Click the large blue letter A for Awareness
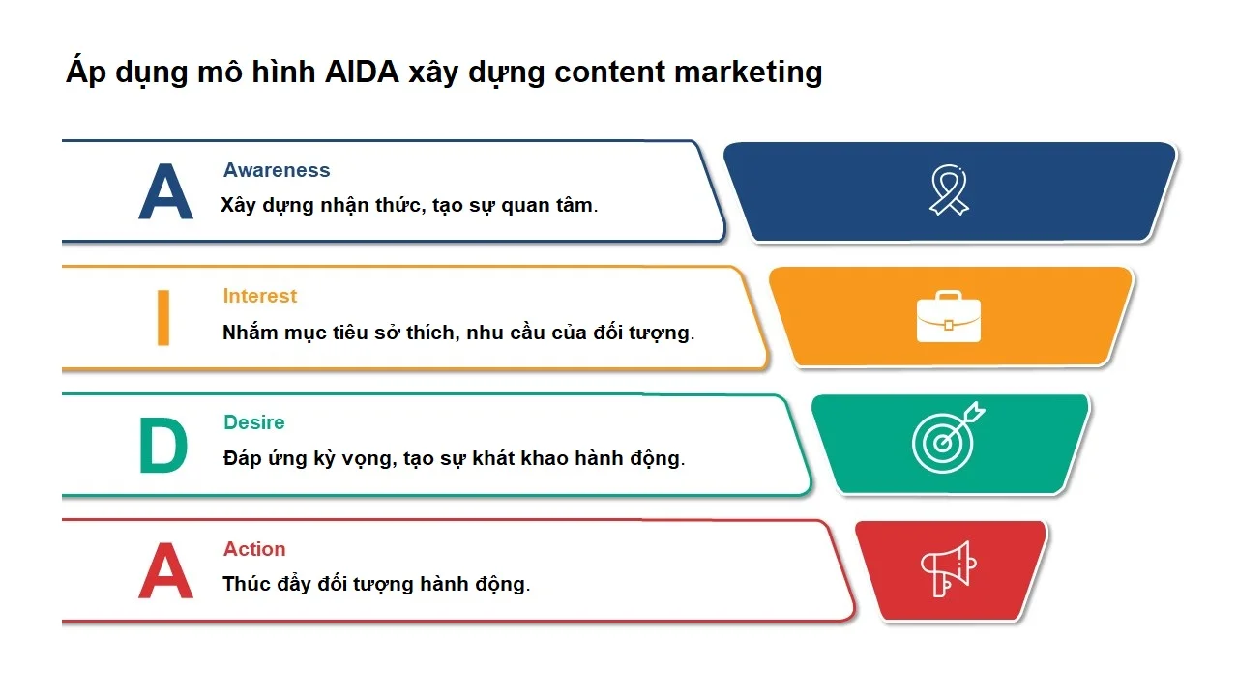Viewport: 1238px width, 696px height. click(165, 192)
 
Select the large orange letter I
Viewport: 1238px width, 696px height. click(163, 318)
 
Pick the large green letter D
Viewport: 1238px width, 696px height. click(162, 446)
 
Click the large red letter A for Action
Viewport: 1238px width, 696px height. click(165, 571)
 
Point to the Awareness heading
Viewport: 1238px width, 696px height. click(277, 170)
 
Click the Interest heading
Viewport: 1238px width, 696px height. click(259, 296)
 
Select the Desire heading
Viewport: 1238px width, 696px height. click(253, 422)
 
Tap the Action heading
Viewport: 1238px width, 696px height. click(254, 549)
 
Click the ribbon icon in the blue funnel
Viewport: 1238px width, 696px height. click(948, 189)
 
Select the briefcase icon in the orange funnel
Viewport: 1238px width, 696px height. click(948, 316)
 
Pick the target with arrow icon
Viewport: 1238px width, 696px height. click(946, 439)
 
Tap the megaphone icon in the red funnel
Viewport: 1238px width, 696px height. click(947, 568)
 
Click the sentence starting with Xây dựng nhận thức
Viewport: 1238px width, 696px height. click(409, 206)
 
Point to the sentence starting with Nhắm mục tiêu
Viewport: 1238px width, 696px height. click(458, 333)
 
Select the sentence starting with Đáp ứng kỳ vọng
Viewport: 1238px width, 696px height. click(454, 458)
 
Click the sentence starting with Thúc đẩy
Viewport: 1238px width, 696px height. click(376, 584)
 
